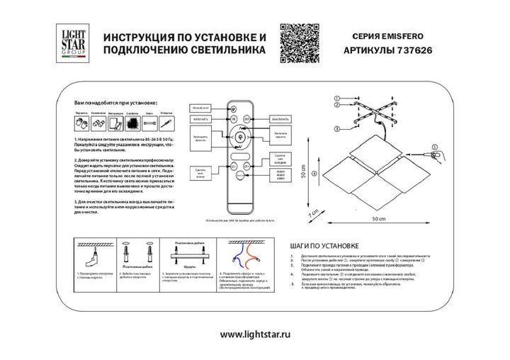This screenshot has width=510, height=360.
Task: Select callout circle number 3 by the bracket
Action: [337, 128]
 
